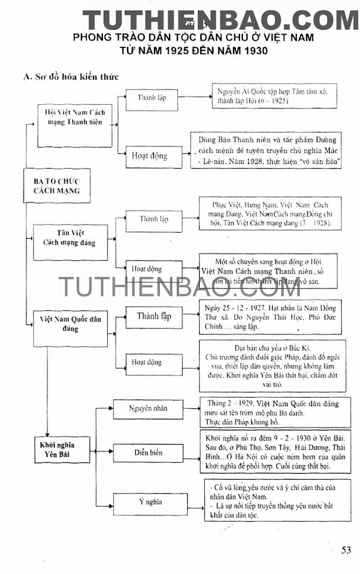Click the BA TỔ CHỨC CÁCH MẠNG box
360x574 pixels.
tap(57, 185)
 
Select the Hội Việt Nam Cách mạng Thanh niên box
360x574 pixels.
tap(74, 117)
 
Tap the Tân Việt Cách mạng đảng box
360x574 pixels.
tap(70, 237)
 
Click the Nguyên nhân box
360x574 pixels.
tap(146, 408)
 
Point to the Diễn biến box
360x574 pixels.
tap(146, 453)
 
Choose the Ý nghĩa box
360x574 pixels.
tap(146, 502)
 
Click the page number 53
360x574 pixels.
tap(347, 550)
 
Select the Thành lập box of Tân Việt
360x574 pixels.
tap(153, 219)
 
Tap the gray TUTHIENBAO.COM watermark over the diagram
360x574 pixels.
tap(179, 287)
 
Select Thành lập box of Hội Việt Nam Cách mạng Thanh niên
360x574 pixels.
tap(152, 98)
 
